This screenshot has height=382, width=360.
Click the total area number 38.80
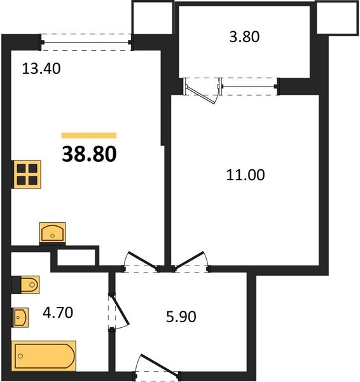pos(89,154)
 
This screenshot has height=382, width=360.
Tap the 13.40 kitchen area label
pos(41,69)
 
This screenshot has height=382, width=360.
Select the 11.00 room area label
pos(246,175)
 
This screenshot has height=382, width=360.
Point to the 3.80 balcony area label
pos(244,37)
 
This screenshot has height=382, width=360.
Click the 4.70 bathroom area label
pos(58,313)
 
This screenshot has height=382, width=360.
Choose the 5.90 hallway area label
pos(181,316)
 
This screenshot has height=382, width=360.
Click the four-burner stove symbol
pos(26,174)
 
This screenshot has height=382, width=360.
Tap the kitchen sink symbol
pos(52,232)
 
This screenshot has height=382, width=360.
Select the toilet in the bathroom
pos(25,285)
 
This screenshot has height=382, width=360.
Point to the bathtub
pos(44,356)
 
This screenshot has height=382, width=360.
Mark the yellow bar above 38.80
pos(89,136)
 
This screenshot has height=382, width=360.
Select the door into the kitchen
pos(141,262)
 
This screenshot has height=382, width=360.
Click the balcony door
pos(202,90)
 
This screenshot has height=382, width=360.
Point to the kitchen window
pos(86,42)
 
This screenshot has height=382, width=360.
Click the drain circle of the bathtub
pos(20,356)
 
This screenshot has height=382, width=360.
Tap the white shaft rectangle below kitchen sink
pos(76,257)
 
